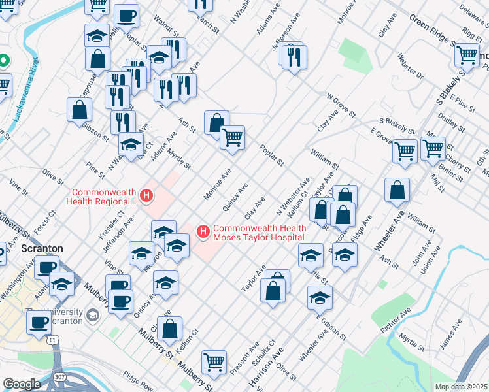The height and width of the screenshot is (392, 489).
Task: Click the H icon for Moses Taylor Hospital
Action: pyautogui.click(x=203, y=231)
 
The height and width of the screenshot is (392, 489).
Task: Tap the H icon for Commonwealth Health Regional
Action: pyautogui.click(x=146, y=195)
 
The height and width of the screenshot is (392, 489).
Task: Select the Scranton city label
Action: pyautogui.click(x=42, y=249)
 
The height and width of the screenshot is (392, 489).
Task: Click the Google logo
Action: pyautogui.click(x=22, y=384)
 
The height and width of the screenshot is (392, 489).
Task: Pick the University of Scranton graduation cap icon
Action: pyautogui.click(x=93, y=315)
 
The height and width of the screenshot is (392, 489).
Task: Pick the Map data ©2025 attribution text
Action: pyautogui.click(x=461, y=387)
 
